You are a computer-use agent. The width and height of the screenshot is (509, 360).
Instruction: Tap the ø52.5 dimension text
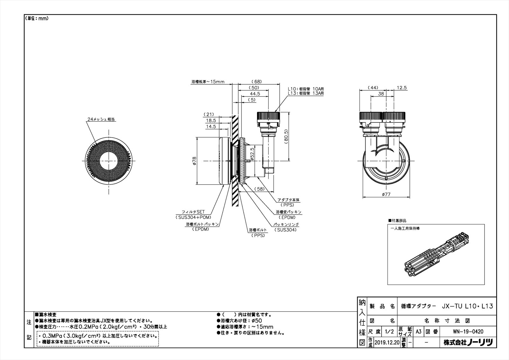(252, 153)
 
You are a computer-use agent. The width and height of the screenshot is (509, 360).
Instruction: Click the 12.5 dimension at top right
(402, 88)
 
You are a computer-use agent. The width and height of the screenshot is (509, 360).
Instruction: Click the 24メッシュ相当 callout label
(101, 119)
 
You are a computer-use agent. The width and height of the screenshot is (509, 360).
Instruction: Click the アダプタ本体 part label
(288, 200)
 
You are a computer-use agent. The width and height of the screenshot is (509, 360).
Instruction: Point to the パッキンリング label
(286, 224)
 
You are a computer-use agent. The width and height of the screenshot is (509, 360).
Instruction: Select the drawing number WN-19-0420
(468, 331)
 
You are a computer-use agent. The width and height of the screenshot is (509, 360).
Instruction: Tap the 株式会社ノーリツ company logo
(468, 342)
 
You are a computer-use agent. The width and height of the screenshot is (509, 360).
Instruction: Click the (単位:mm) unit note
(37, 18)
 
